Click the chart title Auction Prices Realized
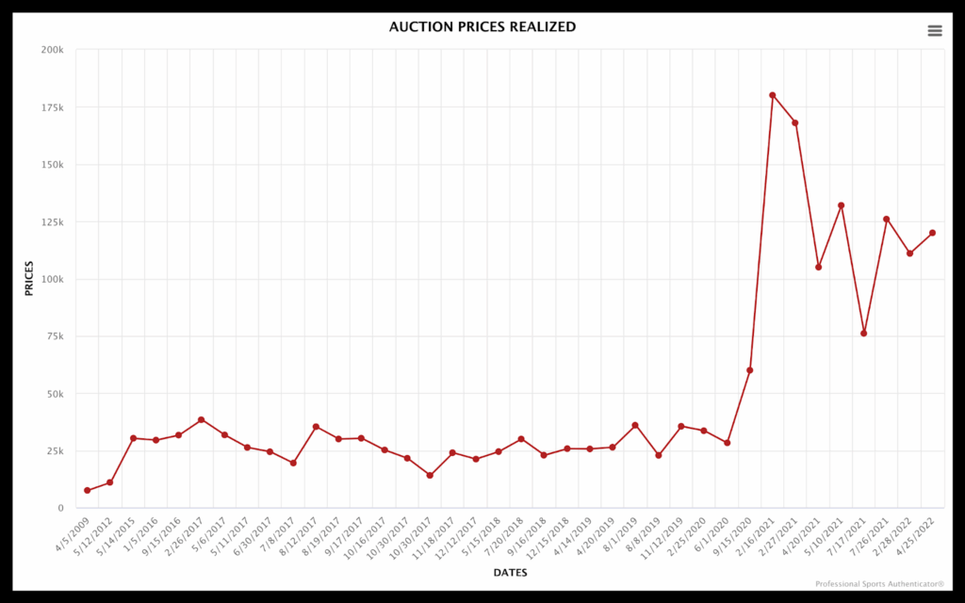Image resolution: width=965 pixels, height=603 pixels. (482, 27)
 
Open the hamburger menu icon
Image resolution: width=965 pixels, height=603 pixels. (935, 31)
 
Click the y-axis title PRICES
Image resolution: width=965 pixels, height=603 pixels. (29, 279)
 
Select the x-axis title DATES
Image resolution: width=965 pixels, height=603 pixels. (510, 573)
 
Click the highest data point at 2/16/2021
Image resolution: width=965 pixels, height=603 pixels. (773, 95)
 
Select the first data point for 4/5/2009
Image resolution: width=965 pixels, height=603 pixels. (88, 490)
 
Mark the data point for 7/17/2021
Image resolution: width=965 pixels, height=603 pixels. (863, 334)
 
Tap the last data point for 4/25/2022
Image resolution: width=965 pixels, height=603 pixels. (932, 233)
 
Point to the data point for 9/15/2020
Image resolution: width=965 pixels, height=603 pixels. (750, 370)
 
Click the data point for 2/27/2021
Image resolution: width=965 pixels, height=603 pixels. (795, 122)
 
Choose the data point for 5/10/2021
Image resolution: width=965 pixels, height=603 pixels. (841, 205)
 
